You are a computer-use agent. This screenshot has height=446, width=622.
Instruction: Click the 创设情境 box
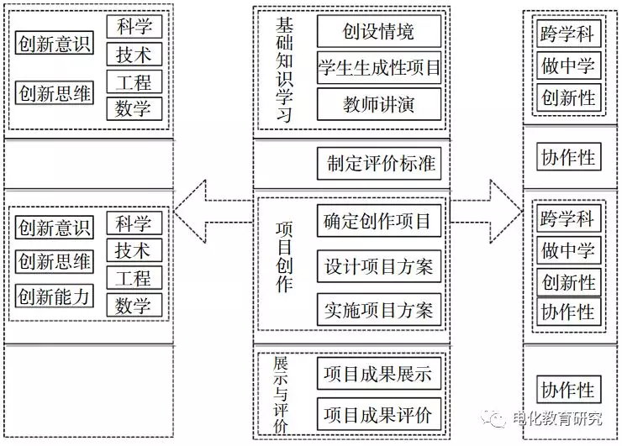(x=378, y=32)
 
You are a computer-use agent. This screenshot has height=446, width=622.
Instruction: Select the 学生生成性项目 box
(x=378, y=68)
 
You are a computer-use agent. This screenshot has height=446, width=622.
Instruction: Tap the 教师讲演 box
(x=378, y=105)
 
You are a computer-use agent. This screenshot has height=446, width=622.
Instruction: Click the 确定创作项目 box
(x=378, y=221)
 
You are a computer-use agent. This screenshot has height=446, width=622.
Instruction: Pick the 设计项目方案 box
(x=378, y=266)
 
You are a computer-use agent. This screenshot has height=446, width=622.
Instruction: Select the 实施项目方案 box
(x=378, y=310)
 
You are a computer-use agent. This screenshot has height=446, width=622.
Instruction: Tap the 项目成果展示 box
(x=378, y=374)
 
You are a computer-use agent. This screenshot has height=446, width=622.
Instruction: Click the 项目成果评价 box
(x=378, y=414)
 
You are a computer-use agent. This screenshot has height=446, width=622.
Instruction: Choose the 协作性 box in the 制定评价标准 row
(x=568, y=158)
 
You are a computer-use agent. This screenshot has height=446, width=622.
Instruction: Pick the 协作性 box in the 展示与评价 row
(x=568, y=390)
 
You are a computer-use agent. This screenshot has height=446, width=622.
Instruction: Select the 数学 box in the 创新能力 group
(x=134, y=305)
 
